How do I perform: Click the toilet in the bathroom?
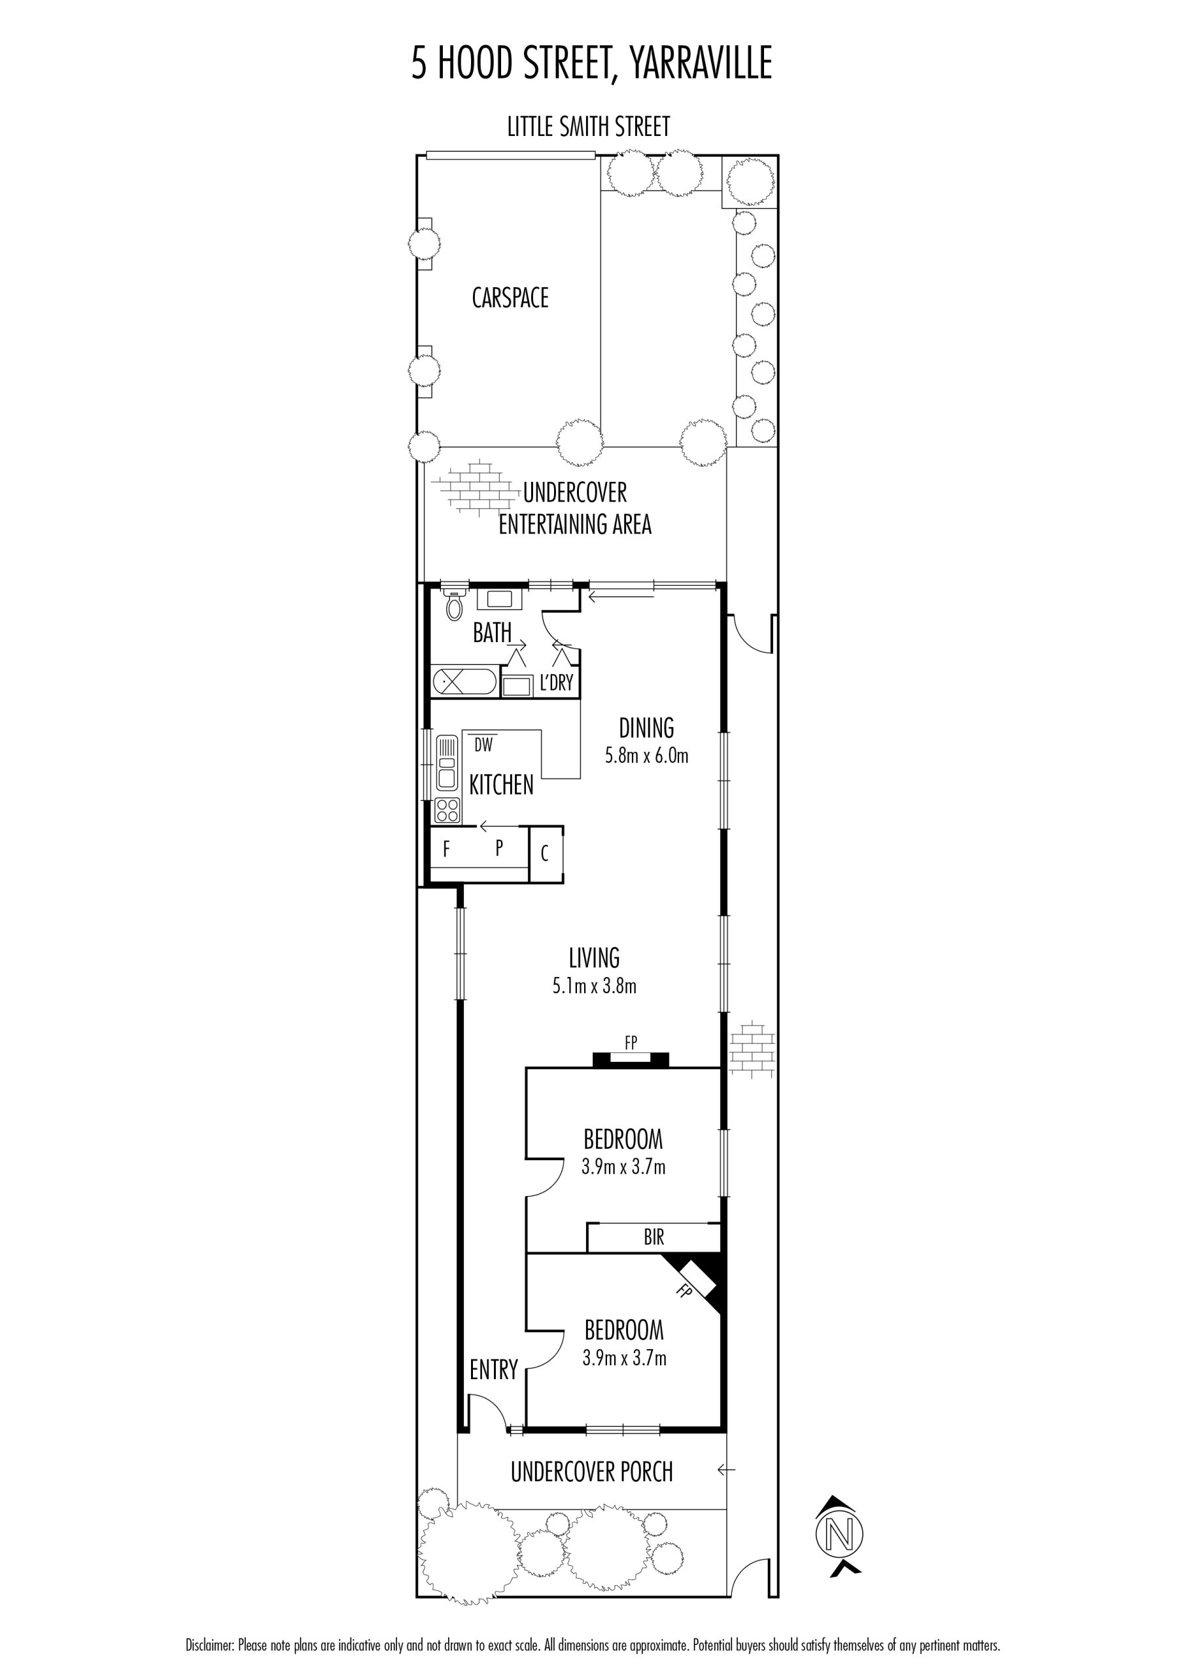455,604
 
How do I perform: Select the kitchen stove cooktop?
447,810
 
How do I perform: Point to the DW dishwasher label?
483,745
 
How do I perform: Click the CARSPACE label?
510,298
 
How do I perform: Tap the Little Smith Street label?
589,127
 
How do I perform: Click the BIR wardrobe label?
653,1237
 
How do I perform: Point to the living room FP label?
631,1042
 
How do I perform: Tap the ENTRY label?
493,1370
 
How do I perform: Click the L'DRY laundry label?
556,683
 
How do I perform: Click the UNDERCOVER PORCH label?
591,1472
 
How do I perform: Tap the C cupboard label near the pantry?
545,853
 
